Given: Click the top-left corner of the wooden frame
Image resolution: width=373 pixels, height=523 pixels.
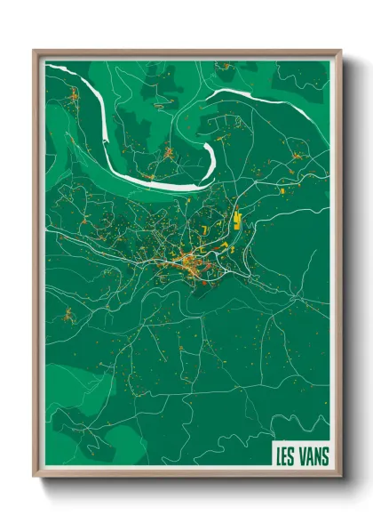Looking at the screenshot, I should click(35, 52).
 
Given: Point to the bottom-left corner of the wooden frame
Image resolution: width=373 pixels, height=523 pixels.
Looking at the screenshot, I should click(35, 476).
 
